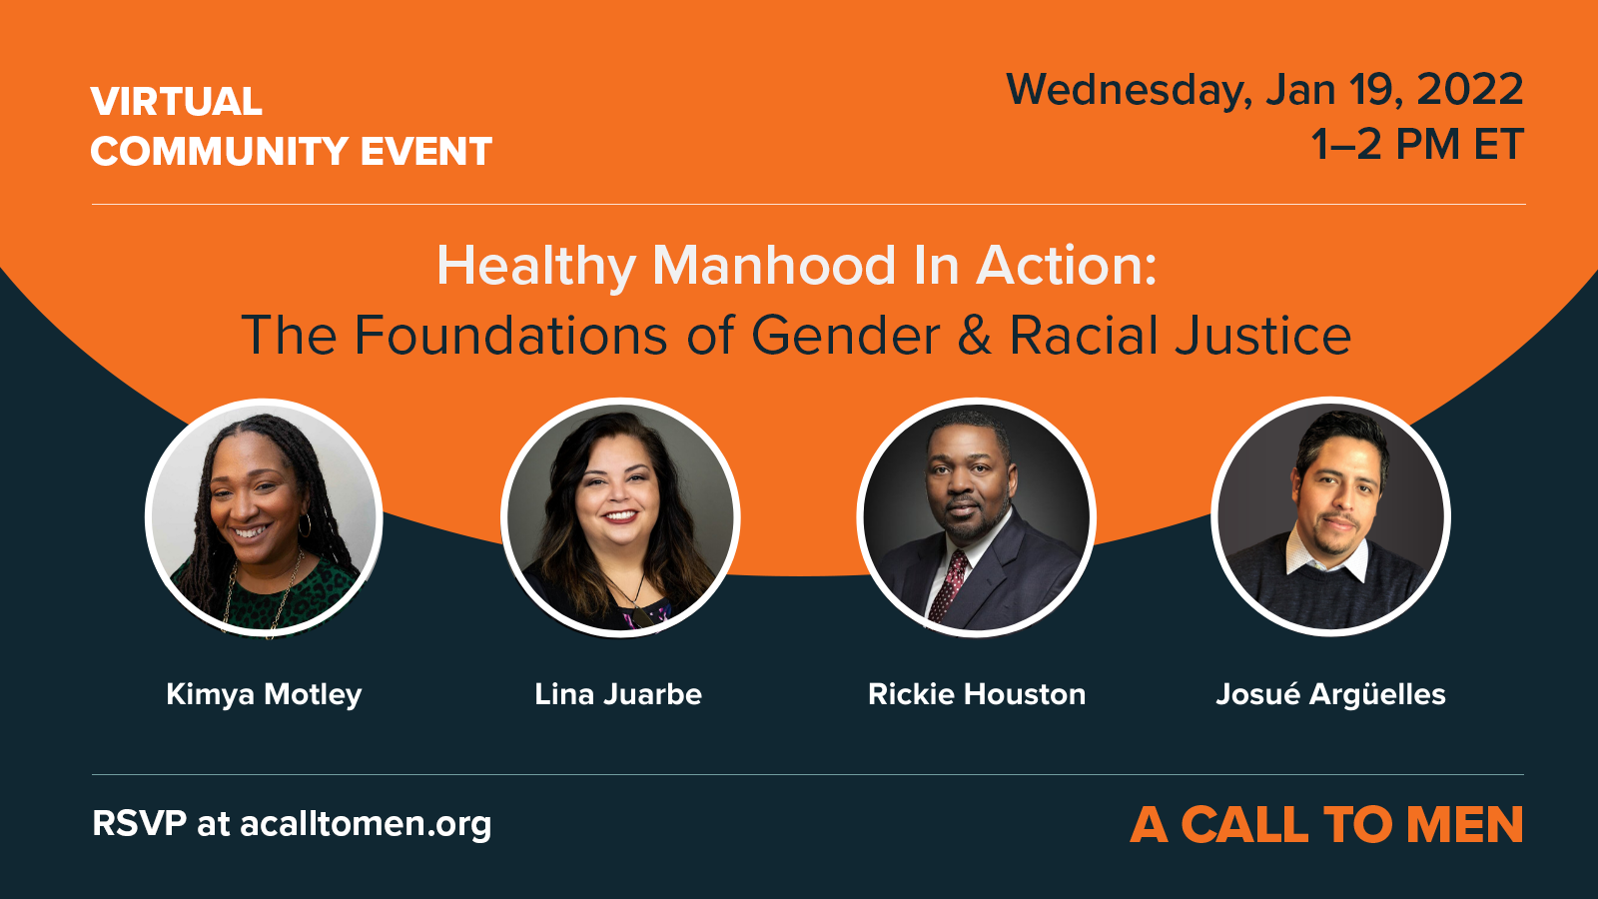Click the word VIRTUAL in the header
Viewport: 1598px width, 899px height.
point(176,101)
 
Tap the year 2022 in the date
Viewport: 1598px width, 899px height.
point(1469,90)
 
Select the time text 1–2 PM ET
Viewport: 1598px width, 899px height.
point(1417,144)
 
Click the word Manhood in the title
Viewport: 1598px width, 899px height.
point(773,266)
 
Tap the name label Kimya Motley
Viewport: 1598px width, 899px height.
point(264,694)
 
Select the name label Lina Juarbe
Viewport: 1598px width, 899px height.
point(618,694)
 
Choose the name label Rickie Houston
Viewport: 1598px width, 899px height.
point(977,694)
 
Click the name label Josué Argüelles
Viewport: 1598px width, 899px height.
point(1330,693)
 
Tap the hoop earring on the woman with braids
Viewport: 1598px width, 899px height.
point(305,525)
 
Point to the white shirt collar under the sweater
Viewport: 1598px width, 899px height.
point(1328,558)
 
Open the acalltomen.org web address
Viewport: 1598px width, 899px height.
point(366,824)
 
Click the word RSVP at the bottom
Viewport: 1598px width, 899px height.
point(139,823)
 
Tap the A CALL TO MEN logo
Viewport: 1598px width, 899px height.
point(1327,825)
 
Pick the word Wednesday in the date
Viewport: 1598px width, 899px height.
point(1129,91)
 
